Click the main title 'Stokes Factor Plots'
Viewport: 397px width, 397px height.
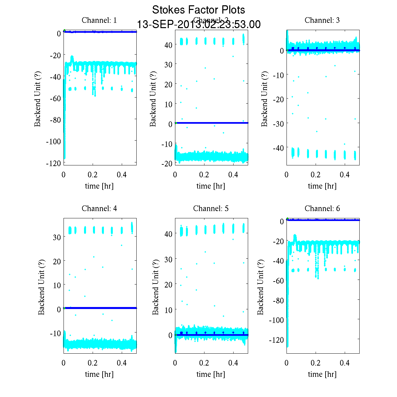click(198, 10)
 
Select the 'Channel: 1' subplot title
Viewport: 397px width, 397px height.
click(99, 20)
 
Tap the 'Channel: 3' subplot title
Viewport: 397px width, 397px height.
click(322, 20)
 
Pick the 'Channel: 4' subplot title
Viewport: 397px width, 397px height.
click(99, 208)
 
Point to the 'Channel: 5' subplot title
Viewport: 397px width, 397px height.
click(211, 208)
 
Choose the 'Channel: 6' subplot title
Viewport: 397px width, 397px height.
click(322, 208)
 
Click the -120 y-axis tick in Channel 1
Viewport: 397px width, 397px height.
click(55, 163)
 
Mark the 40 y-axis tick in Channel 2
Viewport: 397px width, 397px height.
click(168, 45)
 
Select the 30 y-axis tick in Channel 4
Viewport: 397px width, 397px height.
click(57, 237)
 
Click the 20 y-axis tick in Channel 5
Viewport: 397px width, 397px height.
click(168, 285)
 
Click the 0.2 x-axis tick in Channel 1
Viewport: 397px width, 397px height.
click(93, 175)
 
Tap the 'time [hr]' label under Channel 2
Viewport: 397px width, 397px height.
click(211, 186)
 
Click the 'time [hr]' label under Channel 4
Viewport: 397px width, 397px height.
click(99, 374)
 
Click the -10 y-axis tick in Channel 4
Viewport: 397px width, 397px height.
click(55, 333)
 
